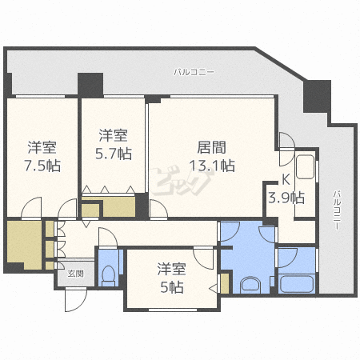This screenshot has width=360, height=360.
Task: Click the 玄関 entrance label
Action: tap(74, 274)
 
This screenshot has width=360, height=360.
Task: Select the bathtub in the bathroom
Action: tap(296, 283)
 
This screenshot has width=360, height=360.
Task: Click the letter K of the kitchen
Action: tap(286, 180)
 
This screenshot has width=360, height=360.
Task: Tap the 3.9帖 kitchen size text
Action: tap(286, 198)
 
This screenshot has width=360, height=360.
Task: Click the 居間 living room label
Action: tap(212, 147)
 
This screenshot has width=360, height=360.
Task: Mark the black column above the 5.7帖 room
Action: tap(90, 83)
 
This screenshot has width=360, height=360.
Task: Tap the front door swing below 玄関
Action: tap(74, 302)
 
